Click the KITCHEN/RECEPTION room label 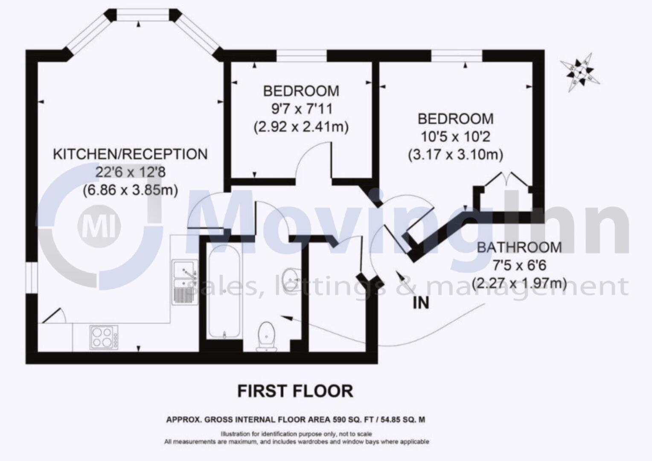click(x=130, y=154)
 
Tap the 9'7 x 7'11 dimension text click(x=302, y=109)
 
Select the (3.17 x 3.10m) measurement click(x=455, y=155)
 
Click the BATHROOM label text click(x=519, y=247)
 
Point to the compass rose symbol click(x=580, y=72)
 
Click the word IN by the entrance click(x=420, y=303)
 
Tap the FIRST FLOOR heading click(x=295, y=391)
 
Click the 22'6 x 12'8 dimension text click(x=130, y=172)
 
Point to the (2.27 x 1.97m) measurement click(x=519, y=283)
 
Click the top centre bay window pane click(x=143, y=16)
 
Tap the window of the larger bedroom click(x=457, y=56)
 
